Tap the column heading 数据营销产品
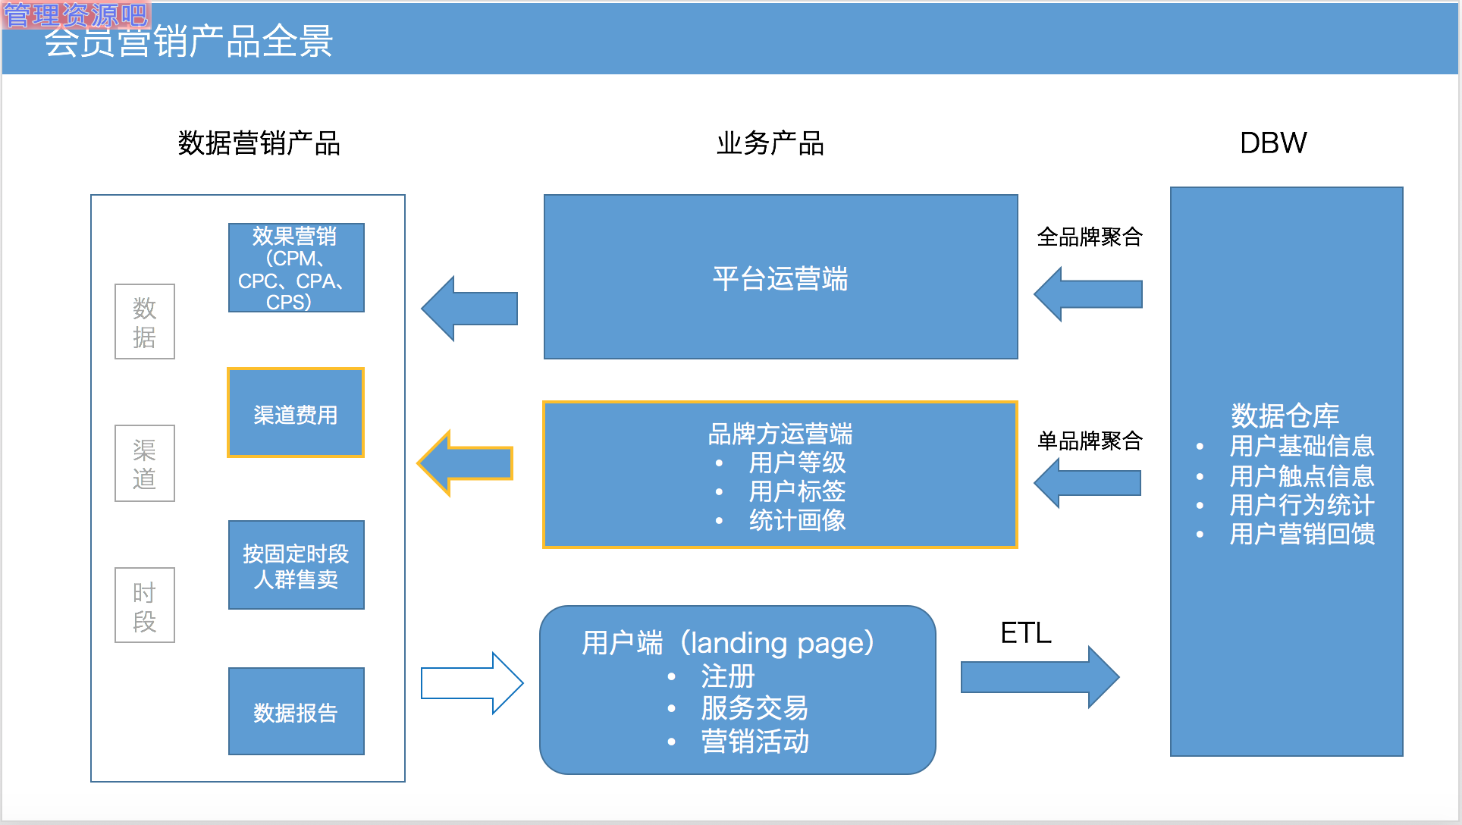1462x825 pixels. coord(259,143)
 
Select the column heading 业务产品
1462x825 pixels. coord(770,143)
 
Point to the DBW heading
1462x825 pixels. coord(1272,143)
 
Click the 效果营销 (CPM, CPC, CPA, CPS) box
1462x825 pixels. coord(296,268)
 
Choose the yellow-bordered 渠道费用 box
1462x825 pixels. coord(296,413)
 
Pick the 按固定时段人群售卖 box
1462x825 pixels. coord(296,565)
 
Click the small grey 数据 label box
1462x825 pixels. coord(144,322)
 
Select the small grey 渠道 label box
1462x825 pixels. coord(144,463)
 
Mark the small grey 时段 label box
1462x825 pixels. coord(144,605)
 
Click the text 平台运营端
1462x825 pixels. coord(780,278)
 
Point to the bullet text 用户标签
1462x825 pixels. coord(796,491)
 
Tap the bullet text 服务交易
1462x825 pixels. coord(754,708)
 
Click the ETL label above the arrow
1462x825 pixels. coord(1025,632)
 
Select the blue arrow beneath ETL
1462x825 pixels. coord(1039,676)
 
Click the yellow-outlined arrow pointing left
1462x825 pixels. coord(466,463)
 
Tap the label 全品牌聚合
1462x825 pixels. coord(1089,237)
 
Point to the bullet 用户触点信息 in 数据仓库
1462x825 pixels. coord(1301,476)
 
